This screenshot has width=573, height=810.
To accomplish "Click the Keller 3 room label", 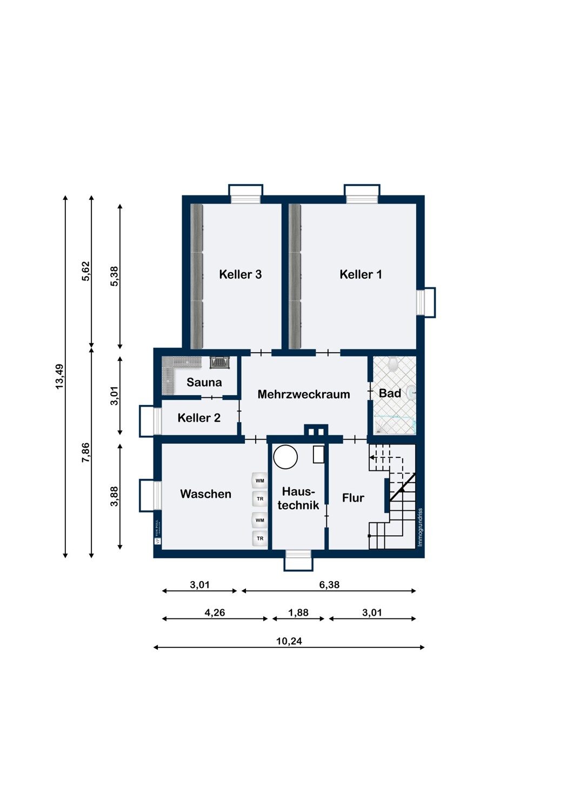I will tap(240, 274).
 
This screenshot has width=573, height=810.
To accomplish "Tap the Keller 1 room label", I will tap(361, 274).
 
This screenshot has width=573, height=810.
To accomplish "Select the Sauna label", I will tap(204, 382).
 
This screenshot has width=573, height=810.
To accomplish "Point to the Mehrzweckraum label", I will tap(303, 394).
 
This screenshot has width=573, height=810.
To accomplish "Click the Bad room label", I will tap(390, 393).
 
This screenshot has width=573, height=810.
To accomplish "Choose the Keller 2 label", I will tap(199, 418).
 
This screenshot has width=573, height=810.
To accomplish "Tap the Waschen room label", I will tap(205, 494).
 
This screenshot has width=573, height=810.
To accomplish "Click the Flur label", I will tap(353, 498).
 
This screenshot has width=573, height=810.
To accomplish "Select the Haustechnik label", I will tap(298, 498).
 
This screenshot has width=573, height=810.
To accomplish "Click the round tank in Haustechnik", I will tap(285, 457).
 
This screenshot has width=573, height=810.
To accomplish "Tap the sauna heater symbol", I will tap(220, 362).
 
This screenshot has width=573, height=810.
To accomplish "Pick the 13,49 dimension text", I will tap(59, 376).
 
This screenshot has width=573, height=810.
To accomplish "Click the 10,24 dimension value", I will tap(289, 641).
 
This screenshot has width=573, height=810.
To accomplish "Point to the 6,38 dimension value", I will tap(329, 585).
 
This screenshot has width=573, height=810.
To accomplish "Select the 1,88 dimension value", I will tap(298, 613).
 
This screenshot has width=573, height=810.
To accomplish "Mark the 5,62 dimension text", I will tap(86, 271).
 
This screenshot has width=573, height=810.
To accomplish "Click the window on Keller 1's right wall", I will tap(425, 302).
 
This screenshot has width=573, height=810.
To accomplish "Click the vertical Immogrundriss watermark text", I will tap(420, 527).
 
